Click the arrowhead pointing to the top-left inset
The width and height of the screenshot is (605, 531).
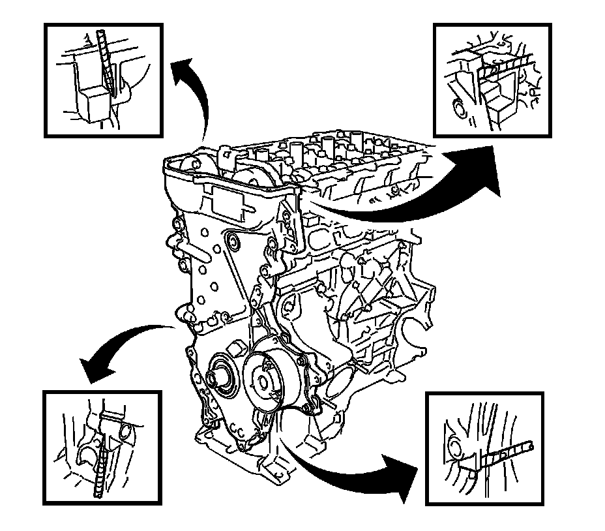point(184,68)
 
